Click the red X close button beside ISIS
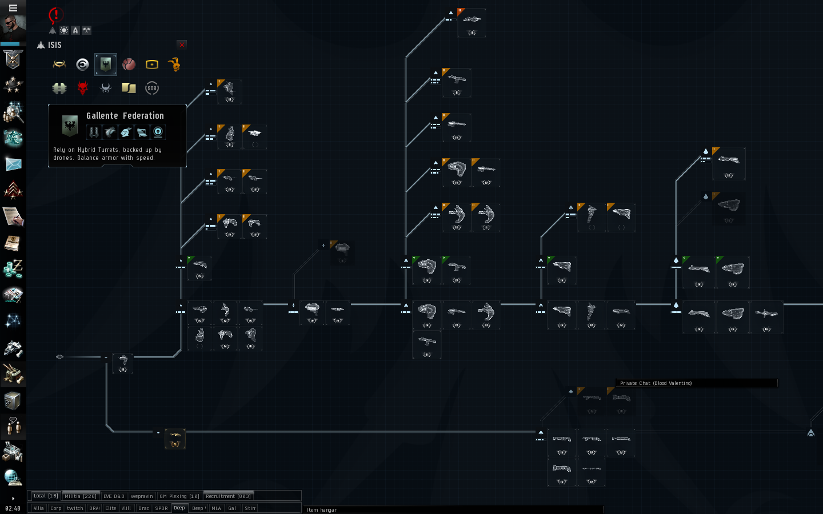[182, 45]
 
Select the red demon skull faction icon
[83, 88]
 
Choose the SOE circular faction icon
[151, 88]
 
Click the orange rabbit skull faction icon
[175, 65]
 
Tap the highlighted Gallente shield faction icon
[106, 65]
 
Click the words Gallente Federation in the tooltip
[125, 116]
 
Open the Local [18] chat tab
[45, 496]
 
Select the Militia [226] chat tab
[81, 496]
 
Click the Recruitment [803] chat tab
[228, 496]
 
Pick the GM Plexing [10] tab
[179, 496]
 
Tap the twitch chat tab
[75, 508]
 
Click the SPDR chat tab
[162, 508]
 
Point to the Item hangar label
[322, 510]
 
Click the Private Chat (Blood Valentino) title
[656, 383]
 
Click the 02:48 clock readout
[13, 508]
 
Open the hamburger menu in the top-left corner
[13, 8]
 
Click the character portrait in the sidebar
[13, 27]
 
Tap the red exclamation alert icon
[55, 15]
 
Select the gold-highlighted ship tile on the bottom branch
[175, 439]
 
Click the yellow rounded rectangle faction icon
[151, 65]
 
